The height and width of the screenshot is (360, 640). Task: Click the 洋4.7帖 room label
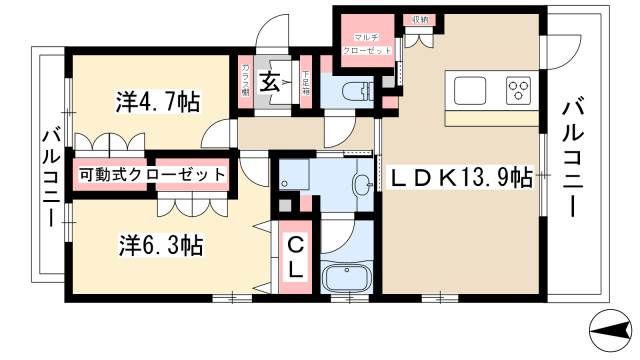click(157, 101)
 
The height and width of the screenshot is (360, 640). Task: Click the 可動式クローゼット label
click(151, 174)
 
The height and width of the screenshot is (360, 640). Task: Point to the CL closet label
click(297, 258)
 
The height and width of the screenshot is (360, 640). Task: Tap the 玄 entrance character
click(269, 82)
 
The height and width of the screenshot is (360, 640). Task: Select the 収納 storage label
click(418, 18)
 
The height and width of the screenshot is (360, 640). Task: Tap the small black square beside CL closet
click(285, 204)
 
